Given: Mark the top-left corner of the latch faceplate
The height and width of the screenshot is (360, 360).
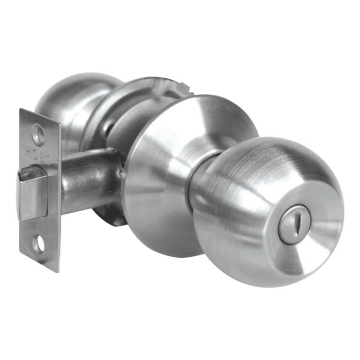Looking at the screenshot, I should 20,110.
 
